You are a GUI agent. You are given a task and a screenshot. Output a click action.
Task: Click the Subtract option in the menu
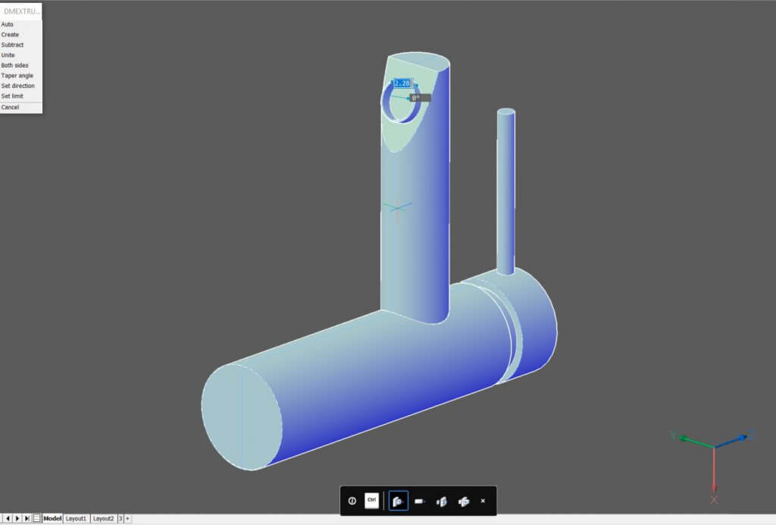click(12, 45)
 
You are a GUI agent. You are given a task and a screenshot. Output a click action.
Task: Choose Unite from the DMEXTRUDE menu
click(8, 55)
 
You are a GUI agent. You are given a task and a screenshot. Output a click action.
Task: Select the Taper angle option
click(17, 76)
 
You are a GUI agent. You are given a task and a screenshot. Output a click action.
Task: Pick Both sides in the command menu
click(15, 65)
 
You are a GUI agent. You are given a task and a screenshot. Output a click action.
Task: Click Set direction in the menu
click(18, 86)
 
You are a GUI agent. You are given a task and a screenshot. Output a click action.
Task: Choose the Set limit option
click(12, 96)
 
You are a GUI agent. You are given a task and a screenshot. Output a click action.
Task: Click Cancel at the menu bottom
click(10, 107)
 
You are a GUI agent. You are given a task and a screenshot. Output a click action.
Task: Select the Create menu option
click(10, 35)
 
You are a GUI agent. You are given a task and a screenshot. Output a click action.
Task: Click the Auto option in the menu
click(8, 24)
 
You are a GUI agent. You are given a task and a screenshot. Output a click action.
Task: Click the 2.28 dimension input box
click(402, 83)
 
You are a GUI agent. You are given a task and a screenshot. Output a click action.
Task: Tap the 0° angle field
click(420, 98)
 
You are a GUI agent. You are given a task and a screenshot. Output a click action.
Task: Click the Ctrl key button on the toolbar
click(371, 501)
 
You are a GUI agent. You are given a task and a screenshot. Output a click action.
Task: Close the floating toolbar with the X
click(483, 501)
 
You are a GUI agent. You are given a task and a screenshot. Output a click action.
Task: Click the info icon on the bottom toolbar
click(352, 501)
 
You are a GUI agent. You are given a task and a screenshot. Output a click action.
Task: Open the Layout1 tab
click(76, 518)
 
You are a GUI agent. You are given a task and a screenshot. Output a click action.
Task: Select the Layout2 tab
click(104, 518)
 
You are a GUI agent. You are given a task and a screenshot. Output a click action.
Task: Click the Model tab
click(52, 518)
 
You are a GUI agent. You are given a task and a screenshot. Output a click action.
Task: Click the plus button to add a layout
click(127, 518)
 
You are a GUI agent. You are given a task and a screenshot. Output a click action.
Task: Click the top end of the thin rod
click(505, 113)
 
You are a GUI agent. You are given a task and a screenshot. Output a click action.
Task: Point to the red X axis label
click(714, 499)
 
